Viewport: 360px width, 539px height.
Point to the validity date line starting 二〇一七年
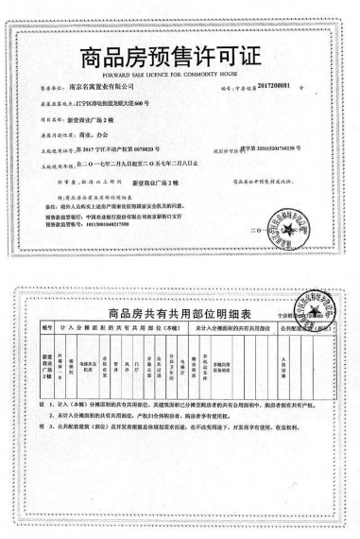[x=132, y=163]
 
